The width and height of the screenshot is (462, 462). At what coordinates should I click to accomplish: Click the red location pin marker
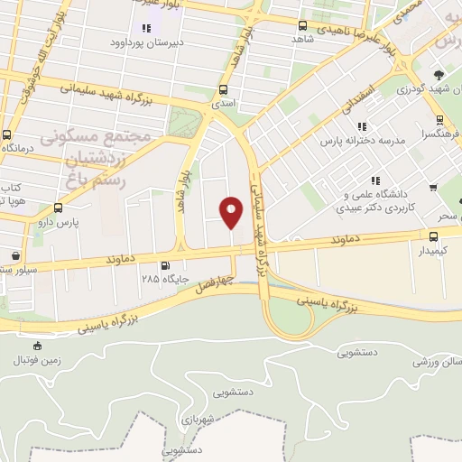pyautogui.click(x=232, y=211)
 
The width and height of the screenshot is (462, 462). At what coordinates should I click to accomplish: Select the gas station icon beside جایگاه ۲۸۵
pyautogui.click(x=164, y=265)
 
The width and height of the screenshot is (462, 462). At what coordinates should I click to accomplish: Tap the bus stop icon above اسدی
pyautogui.click(x=223, y=89)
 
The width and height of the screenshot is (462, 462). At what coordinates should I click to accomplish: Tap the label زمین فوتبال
pyautogui.click(x=35, y=360)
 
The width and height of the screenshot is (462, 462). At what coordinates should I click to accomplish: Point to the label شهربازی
pyautogui.click(x=214, y=420)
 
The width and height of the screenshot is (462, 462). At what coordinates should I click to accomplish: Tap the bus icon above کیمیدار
pyautogui.click(x=433, y=234)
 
